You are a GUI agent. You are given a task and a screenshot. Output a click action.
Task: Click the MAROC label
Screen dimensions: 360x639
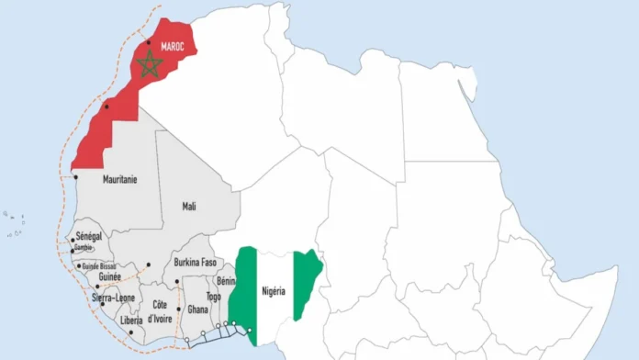click(173, 46)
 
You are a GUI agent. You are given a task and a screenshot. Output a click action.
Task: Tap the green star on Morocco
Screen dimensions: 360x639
click(149, 64)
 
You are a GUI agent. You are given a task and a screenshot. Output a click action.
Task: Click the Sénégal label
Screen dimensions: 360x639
click(90, 237)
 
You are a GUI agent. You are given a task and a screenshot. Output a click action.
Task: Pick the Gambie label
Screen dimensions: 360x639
click(84, 248)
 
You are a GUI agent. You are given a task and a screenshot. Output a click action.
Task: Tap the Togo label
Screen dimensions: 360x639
click(213, 298)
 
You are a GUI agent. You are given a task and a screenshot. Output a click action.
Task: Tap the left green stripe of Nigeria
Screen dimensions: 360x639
click(243, 285)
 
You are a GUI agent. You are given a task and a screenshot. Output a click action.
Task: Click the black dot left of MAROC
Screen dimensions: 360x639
click(148, 17)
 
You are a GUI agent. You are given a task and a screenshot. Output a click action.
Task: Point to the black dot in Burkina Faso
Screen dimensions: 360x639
click(177, 282)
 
